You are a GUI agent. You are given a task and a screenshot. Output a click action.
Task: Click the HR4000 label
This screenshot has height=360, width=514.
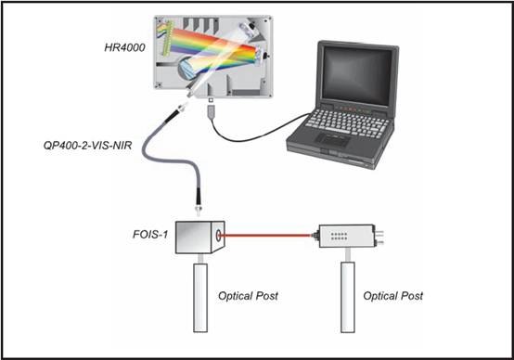click(x=124, y=48)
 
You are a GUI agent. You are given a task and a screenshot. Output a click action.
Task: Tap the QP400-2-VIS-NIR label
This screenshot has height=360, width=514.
click(x=87, y=146)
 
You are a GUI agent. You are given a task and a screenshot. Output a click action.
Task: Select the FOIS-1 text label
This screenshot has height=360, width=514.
click(x=150, y=235)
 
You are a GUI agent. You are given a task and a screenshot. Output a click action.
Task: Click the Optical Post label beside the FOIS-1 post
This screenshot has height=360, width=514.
click(x=248, y=296)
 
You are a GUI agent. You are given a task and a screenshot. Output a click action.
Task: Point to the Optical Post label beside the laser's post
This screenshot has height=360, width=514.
click(x=393, y=296)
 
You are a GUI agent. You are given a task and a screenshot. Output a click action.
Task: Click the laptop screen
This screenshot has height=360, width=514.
click(x=357, y=73)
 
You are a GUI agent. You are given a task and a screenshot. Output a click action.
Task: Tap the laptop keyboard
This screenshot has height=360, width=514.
click(x=348, y=123)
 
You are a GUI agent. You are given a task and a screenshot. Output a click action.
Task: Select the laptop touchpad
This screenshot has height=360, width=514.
click(x=332, y=139)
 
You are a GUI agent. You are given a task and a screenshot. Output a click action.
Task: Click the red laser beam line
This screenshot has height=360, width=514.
click(x=266, y=235)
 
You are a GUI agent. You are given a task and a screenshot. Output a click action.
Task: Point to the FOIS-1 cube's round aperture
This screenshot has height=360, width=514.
click(x=218, y=235)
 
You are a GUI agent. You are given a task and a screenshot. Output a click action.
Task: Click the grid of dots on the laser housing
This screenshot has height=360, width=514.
click(x=339, y=237)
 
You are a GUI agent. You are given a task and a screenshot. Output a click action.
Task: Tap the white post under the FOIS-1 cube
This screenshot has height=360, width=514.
click(x=200, y=298)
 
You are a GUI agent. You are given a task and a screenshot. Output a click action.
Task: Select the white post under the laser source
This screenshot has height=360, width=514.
click(x=348, y=297)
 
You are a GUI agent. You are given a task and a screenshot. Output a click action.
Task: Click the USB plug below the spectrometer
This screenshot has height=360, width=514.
click(x=212, y=111)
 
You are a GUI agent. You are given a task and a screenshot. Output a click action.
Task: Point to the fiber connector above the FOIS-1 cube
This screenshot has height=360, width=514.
click(x=199, y=200)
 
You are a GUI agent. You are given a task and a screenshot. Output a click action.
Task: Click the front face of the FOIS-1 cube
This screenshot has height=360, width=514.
click(x=193, y=238)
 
